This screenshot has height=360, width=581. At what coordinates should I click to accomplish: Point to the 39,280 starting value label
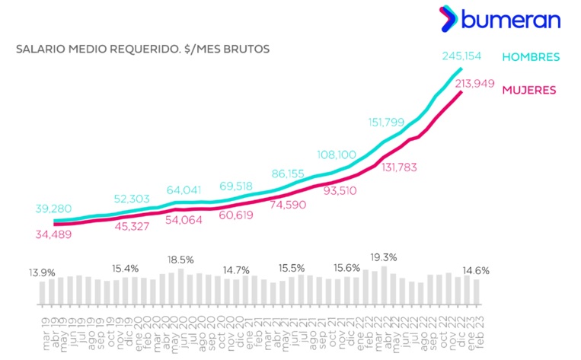tap(56, 209)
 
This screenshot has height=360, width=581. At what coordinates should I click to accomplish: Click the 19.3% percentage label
tap(383, 257)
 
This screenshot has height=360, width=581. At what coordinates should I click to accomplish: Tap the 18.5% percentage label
tap(181, 260)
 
